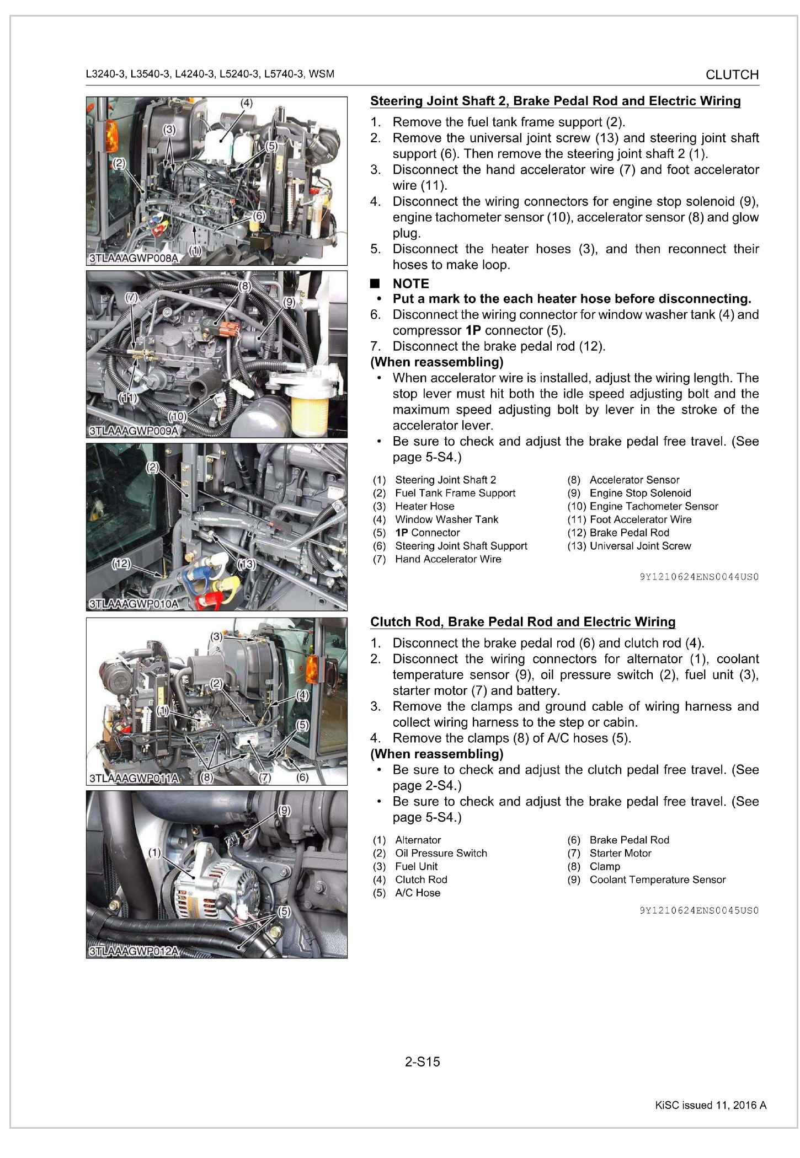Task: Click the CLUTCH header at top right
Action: [732, 74]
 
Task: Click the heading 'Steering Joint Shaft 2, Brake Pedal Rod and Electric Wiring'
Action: [555, 101]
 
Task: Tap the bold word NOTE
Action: [410, 283]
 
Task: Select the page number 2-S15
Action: [423, 1061]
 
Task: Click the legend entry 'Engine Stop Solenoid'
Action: [640, 493]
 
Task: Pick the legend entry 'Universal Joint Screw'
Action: [640, 546]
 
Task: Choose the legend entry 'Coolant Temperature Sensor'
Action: [657, 880]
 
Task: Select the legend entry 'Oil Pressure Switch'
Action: [441, 853]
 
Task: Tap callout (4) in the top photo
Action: [246, 103]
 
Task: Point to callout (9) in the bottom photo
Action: [283, 810]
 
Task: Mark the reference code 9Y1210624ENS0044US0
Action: [699, 577]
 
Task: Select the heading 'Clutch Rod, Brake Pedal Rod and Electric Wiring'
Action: [522, 622]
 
